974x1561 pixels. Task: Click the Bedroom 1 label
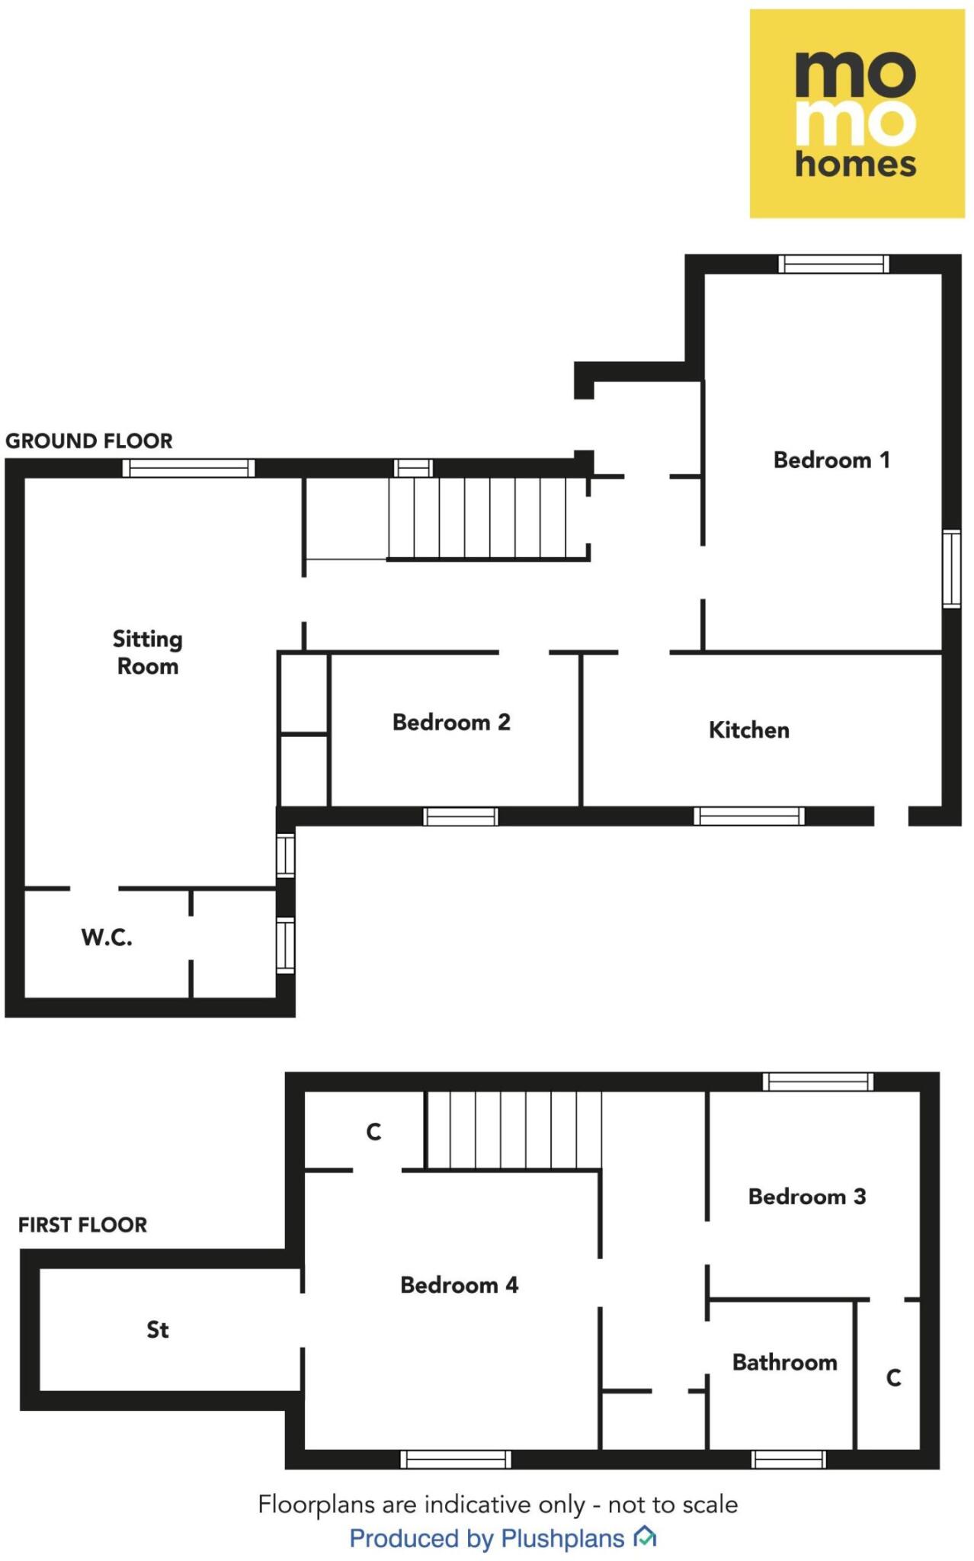tap(831, 460)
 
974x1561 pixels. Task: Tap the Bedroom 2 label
tap(451, 723)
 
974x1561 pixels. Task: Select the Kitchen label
tap(749, 730)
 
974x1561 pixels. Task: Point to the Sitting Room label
tap(148, 652)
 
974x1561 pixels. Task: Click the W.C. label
tap(107, 938)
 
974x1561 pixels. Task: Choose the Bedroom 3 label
tap(807, 1197)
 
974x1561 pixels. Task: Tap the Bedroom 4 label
tap(460, 1285)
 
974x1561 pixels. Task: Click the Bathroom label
tap(784, 1362)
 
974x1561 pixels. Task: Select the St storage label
tap(158, 1330)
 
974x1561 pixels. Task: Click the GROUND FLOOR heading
tap(89, 441)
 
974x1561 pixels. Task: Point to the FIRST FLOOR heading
tap(83, 1225)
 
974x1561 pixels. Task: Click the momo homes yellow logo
tap(857, 114)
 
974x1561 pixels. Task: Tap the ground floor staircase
tap(488, 518)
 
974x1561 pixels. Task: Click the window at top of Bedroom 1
tap(833, 264)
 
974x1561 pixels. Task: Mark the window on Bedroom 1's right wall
tap(951, 569)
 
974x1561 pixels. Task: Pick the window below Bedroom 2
tap(460, 817)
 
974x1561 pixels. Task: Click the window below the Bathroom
tap(788, 1460)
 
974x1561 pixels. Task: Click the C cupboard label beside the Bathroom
tap(894, 1378)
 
